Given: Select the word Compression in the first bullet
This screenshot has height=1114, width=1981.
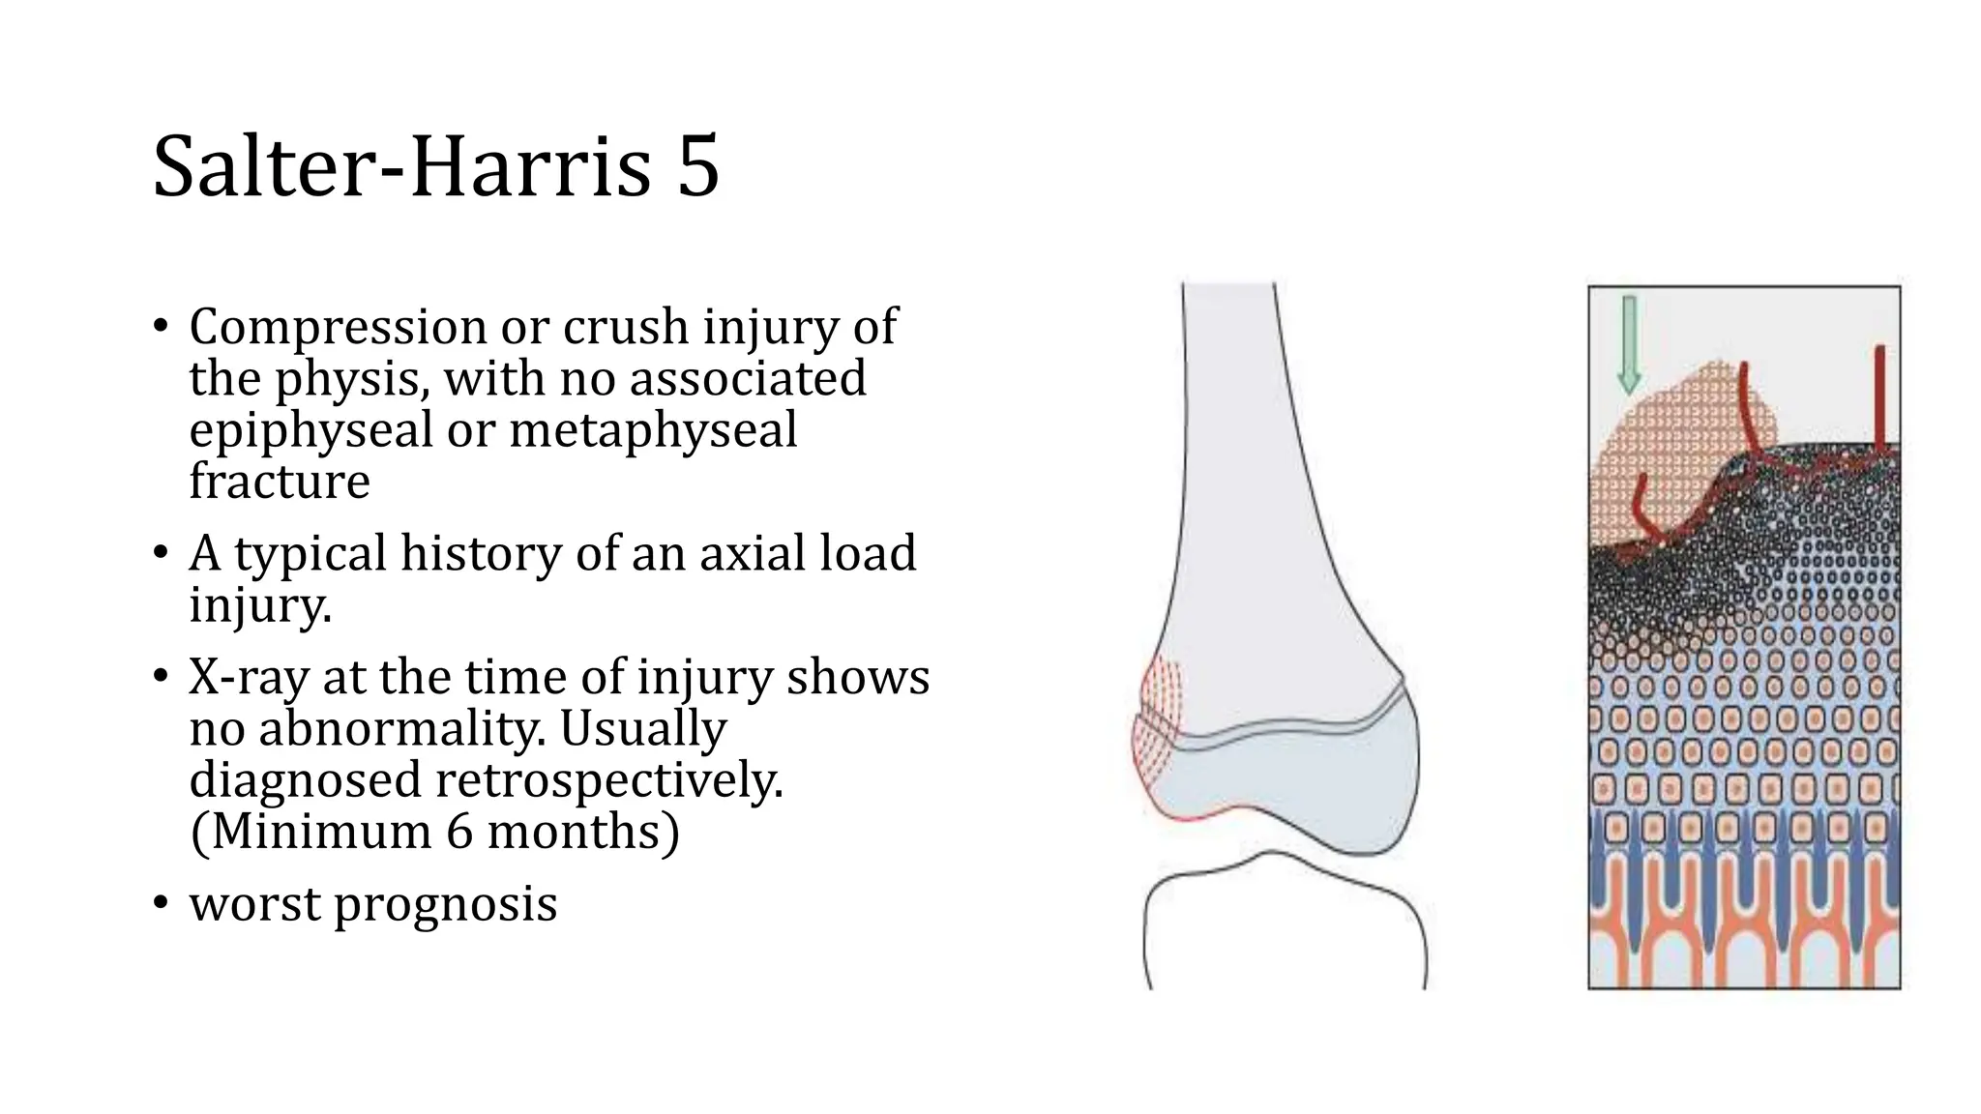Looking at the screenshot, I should pyautogui.click(x=338, y=327).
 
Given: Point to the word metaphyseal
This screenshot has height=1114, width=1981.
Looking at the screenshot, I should pyautogui.click(x=653, y=429).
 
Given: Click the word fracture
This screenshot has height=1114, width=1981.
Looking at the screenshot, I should pyautogui.click(x=280, y=481).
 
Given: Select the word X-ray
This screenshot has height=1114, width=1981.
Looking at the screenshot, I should pyautogui.click(x=250, y=677).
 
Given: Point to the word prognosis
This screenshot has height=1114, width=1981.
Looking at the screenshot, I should pyautogui.click(x=445, y=904).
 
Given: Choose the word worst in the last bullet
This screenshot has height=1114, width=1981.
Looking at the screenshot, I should pyautogui.click(x=253, y=904).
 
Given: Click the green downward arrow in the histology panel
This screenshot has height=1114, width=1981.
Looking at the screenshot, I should pyautogui.click(x=1629, y=344).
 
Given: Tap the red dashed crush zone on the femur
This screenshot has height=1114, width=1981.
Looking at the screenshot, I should pyautogui.click(x=1157, y=719).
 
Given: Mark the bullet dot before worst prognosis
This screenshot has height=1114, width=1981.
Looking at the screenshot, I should pyautogui.click(x=161, y=904).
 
